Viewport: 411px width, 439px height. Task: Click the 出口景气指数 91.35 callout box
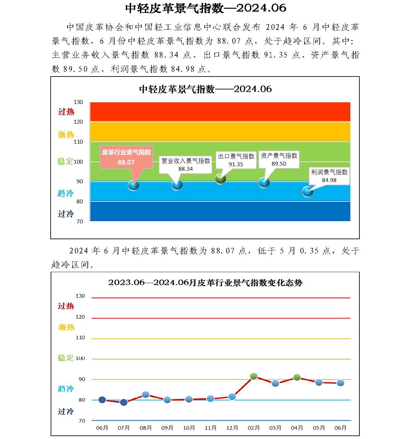(x=236, y=160)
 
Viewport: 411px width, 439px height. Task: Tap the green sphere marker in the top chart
(x=220, y=179)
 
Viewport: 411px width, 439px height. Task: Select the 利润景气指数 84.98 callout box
(x=329, y=176)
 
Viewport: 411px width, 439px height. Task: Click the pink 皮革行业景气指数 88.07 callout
(x=126, y=157)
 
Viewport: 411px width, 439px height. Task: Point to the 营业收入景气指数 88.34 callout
(x=185, y=164)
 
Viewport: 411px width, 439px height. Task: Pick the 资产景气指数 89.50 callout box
(x=279, y=159)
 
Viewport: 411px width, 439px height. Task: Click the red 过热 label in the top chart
(x=66, y=112)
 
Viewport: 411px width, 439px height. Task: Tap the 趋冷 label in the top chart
(x=65, y=193)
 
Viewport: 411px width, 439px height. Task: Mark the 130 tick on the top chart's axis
(x=78, y=102)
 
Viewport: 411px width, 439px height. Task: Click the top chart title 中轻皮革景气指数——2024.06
(x=205, y=89)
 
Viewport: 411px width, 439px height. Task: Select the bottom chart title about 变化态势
(x=205, y=283)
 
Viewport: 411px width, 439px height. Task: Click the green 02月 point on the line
(x=254, y=376)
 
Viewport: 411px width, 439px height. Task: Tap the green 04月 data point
(x=297, y=377)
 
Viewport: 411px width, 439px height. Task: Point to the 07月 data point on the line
(x=124, y=402)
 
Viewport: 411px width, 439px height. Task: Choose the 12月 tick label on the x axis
(x=232, y=428)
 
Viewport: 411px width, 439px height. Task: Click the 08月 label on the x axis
(x=145, y=428)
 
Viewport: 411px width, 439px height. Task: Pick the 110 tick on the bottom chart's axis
(x=80, y=338)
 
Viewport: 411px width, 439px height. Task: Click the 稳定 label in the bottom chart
(x=65, y=358)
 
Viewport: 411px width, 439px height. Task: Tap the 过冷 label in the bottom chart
(x=66, y=412)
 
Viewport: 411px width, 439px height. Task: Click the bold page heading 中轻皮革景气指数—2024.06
(x=205, y=8)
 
